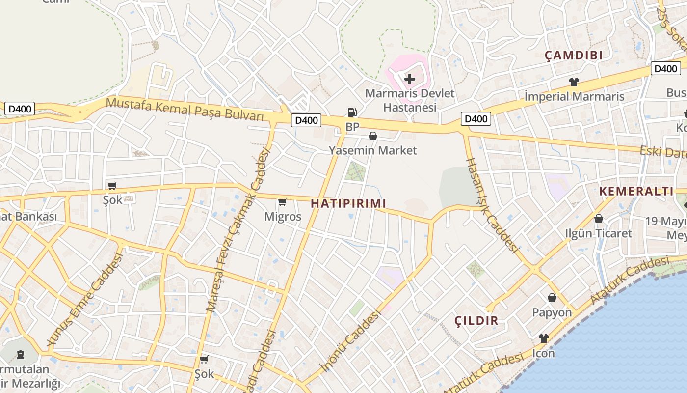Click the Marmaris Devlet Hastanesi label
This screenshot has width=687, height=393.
coord(409,100)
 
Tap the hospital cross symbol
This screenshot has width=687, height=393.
coord(409,79)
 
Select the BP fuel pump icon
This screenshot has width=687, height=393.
coord(352,112)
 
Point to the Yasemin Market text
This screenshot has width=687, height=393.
coord(372,150)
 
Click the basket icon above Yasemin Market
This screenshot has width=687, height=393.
coord(373,136)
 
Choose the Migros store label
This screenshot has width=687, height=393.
coord(283,216)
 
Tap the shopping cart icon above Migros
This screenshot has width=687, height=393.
coord(283,202)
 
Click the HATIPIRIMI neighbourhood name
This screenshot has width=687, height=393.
coord(348,203)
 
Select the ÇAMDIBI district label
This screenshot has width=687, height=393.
coord(574,56)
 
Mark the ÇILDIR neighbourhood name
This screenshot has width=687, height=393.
coord(476,321)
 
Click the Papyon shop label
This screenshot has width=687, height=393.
coord(552,312)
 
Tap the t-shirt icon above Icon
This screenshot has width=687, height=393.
coord(544,338)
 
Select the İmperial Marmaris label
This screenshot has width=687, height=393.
coord(574,96)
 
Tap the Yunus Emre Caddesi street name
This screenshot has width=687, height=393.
coord(84,299)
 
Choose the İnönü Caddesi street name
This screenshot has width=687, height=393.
coord(350,340)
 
